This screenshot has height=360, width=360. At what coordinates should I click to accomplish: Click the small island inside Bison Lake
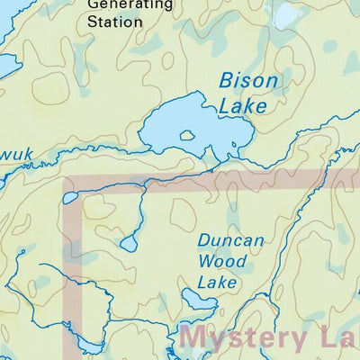[x=188, y=136]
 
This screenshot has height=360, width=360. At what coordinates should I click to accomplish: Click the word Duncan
[x=231, y=242]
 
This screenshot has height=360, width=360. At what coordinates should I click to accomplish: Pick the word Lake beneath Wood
[x=217, y=283]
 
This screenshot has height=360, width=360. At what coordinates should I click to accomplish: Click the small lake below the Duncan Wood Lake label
[x=196, y=301]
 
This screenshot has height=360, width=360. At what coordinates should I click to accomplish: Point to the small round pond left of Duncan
[x=129, y=244]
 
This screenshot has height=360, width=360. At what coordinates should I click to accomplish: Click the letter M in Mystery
[x=199, y=341]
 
